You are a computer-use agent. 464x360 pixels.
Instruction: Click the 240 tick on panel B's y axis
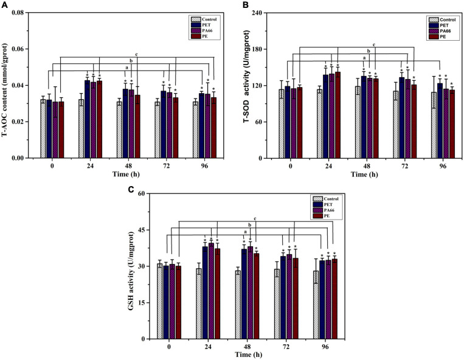click(265, 12)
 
